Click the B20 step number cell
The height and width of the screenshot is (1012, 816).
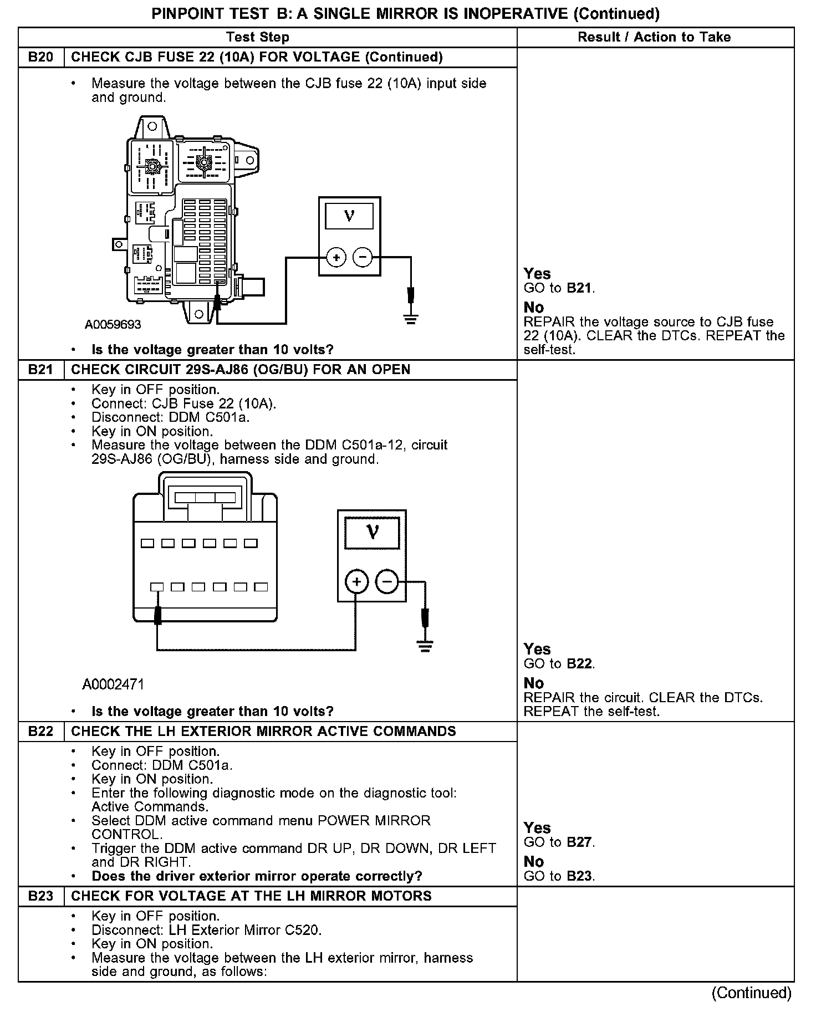click(x=41, y=57)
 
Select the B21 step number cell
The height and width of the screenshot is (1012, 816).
click(x=41, y=370)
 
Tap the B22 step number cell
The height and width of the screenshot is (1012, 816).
click(x=41, y=731)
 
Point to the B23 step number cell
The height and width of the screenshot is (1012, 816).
click(x=41, y=896)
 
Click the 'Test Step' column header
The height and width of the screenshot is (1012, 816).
click(x=258, y=37)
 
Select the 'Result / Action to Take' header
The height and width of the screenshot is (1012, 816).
click(x=654, y=37)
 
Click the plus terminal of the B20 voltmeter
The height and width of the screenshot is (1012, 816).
click(x=336, y=258)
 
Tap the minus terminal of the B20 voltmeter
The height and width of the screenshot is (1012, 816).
click(x=363, y=258)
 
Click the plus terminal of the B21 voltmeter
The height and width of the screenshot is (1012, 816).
click(x=356, y=582)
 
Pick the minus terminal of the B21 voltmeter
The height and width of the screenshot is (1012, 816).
click(x=387, y=582)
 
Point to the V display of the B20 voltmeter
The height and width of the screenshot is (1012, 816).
click(x=349, y=216)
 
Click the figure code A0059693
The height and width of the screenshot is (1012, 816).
click(x=113, y=324)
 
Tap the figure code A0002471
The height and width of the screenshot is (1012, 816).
click(x=113, y=685)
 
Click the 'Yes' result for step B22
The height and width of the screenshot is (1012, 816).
click(x=537, y=828)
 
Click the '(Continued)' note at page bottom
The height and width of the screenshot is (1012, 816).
click(x=751, y=993)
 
